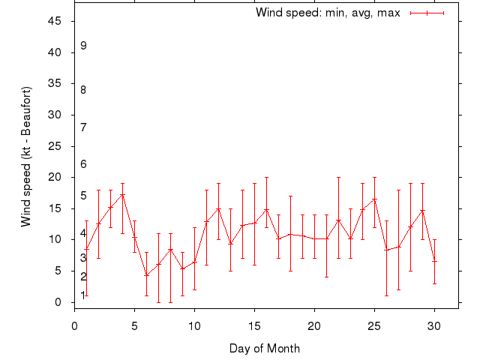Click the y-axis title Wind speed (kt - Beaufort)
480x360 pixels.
point(26,157)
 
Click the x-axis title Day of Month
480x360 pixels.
point(265,348)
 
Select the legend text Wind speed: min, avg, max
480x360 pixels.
point(328,13)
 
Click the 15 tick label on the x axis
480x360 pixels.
point(254,326)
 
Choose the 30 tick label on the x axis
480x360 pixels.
point(434,326)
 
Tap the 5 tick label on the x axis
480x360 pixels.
point(134,326)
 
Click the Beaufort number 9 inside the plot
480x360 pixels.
point(83,46)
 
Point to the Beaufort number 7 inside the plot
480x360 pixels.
point(83,127)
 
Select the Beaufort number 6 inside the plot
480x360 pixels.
point(83,164)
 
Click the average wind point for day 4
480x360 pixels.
point(122,195)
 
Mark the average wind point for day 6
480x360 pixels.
point(146,275)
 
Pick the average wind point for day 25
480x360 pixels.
point(374,199)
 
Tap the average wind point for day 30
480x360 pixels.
point(434,261)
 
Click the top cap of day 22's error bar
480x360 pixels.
point(338,177)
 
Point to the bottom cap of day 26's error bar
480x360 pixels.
point(386,295)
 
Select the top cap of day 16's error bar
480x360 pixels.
point(266,177)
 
